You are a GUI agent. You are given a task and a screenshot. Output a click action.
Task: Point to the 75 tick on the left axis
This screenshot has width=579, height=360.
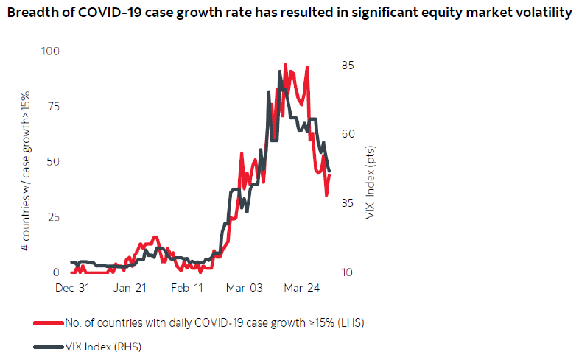[x=53, y=106]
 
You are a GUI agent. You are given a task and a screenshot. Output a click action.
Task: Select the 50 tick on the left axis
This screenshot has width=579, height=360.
[x=53, y=161]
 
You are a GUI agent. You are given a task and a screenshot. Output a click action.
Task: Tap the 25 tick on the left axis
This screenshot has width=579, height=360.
[x=53, y=216]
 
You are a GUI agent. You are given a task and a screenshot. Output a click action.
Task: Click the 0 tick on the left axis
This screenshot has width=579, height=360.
[x=56, y=272]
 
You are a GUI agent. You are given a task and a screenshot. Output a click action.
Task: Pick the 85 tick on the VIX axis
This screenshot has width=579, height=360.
[x=347, y=65]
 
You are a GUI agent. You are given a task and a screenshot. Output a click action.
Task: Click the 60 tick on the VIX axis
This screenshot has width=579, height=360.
[x=347, y=134]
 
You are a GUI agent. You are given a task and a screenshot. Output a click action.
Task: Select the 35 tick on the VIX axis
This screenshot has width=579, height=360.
[x=347, y=203]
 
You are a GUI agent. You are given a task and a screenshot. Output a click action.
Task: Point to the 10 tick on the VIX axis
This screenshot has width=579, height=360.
[x=347, y=272]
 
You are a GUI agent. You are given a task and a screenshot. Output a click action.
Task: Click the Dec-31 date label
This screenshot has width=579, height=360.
[x=72, y=289]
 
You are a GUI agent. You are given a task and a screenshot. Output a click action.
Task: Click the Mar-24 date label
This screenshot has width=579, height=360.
[x=301, y=289]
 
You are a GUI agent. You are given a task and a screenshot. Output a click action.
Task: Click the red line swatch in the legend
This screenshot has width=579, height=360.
[x=47, y=322]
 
